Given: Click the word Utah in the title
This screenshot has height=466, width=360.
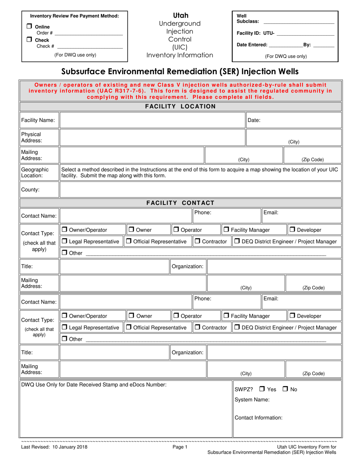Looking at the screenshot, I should [x=180, y=16].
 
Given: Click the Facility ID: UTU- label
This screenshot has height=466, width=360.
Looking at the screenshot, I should [x=255, y=34].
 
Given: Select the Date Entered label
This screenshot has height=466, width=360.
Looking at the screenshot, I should [x=251, y=45].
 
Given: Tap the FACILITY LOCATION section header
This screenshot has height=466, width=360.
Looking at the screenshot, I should [x=180, y=106].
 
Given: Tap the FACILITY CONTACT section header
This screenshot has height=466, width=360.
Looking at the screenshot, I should [x=180, y=203].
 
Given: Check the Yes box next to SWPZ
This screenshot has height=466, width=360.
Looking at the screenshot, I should [x=262, y=389].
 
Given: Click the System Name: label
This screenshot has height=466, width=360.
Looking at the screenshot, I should [x=252, y=400].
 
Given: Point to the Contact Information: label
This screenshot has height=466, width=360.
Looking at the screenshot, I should [x=258, y=418].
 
